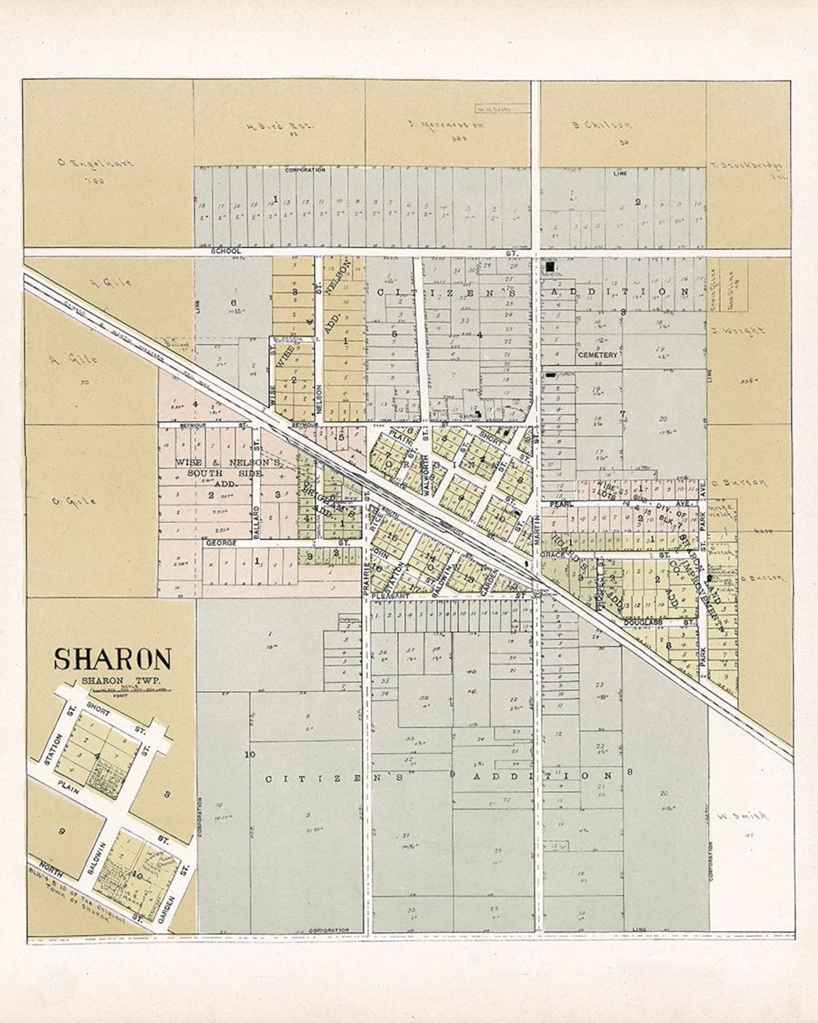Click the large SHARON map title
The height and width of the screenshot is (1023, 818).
[112, 659]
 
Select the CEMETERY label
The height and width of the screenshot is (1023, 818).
[598, 355]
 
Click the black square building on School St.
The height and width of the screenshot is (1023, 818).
[549, 267]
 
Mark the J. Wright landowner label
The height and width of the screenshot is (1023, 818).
[738, 331]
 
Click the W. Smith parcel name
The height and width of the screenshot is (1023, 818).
[742, 816]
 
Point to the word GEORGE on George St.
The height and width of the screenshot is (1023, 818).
[221, 543]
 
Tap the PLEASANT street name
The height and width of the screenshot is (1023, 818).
[391, 596]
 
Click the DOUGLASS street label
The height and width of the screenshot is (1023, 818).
[644, 622]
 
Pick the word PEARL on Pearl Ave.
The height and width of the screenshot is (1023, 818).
[561, 504]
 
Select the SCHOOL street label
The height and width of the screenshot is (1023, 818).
[226, 251]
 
